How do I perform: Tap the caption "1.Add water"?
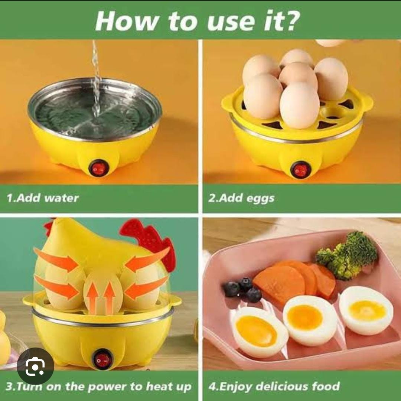click(x=43, y=198)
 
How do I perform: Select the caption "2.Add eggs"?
click(x=241, y=198)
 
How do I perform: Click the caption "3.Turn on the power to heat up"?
click(x=98, y=387)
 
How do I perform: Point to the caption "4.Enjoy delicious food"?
click(x=274, y=387)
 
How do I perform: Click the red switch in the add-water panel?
click(x=99, y=168)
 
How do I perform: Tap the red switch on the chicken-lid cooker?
click(x=102, y=359)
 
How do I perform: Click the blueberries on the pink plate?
click(x=243, y=289)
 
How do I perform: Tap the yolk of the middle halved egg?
click(x=305, y=317)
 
